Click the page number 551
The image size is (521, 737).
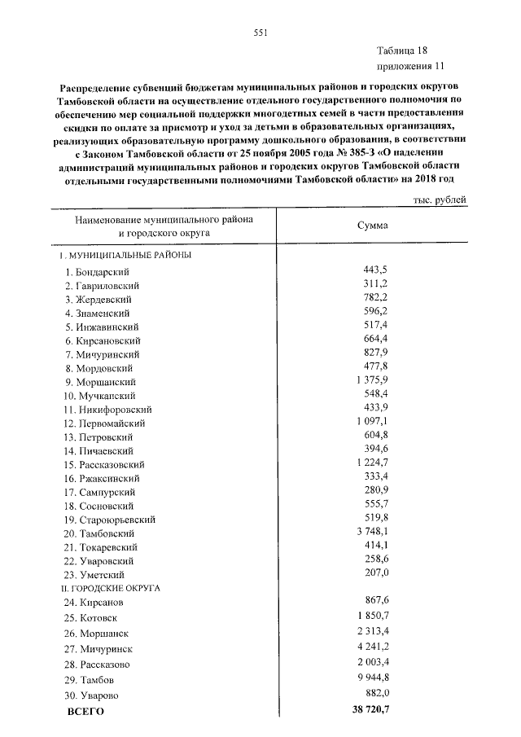(260, 33)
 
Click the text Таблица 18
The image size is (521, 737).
(401, 50)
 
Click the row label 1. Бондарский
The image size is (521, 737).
(99, 271)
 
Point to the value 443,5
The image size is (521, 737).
(374, 269)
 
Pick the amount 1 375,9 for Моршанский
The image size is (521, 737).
(371, 379)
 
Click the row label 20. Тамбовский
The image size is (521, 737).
(101, 533)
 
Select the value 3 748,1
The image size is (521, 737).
(371, 531)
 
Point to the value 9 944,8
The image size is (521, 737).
(371, 677)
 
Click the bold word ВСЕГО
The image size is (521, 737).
(85, 711)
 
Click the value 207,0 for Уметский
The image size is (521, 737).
(374, 572)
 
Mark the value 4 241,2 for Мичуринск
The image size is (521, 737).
(371, 647)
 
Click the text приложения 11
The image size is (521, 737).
(410, 65)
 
